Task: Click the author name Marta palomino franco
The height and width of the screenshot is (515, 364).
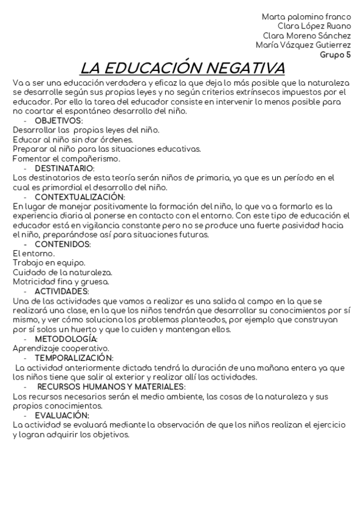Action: tap(306, 16)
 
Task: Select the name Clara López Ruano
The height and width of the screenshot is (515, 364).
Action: tap(314, 26)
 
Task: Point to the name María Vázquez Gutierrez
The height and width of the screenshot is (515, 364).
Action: tap(303, 45)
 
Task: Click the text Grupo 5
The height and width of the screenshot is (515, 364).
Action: tap(335, 54)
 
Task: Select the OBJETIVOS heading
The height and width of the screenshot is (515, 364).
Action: tap(58, 120)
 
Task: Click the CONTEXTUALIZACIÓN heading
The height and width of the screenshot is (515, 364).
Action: tap(80, 197)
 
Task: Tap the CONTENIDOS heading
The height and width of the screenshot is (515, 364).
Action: tap(63, 244)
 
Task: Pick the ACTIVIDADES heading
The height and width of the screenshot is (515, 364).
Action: tap(62, 291)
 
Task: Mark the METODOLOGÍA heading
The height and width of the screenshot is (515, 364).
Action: tap(66, 338)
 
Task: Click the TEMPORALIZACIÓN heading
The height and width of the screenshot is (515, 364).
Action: tap(74, 358)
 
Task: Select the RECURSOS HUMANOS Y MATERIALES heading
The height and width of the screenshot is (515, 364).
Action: tap(111, 386)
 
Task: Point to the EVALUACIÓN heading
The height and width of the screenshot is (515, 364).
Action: tap(63, 415)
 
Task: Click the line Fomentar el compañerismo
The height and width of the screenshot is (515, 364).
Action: tap(66, 159)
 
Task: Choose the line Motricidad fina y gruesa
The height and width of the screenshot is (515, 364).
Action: tap(61, 282)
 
